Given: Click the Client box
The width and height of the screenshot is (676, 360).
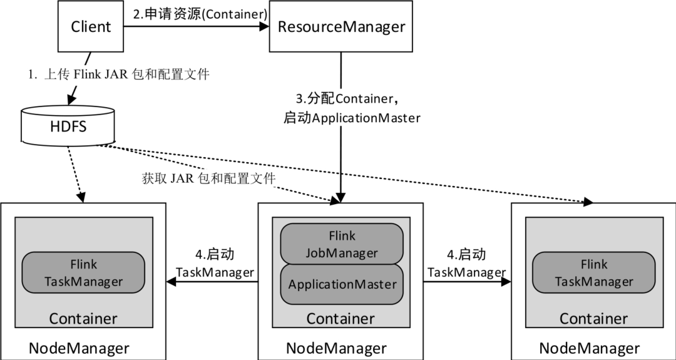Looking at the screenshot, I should pos(91,27).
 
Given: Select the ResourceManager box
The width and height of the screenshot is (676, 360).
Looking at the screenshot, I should pos(341,27).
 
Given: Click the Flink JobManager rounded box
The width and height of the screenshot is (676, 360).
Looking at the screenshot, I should pos(342,244).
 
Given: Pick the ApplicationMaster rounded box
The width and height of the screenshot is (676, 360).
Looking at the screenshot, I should pos(342,284).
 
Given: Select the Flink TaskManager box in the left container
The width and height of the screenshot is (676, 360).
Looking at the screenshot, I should pos(84,273).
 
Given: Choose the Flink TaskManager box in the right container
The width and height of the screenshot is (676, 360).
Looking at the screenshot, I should pos(593,273).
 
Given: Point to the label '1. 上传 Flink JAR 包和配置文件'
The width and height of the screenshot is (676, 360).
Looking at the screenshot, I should pos(118,75).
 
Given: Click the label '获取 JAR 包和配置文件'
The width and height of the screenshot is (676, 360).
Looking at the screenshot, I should pos(208,178).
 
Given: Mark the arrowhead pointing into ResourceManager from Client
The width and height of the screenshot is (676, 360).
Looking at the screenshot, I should pos(264,26).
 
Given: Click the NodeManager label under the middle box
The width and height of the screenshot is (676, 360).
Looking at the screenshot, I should pos(336,348).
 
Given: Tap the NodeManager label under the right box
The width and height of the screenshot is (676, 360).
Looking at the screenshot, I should pos(589,348).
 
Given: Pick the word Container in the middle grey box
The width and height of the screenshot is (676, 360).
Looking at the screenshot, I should pos(340,318).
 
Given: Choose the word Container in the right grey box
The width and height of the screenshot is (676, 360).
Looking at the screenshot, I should pos(593,318).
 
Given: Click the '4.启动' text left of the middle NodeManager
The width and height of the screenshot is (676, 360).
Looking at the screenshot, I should pos(215,255).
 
